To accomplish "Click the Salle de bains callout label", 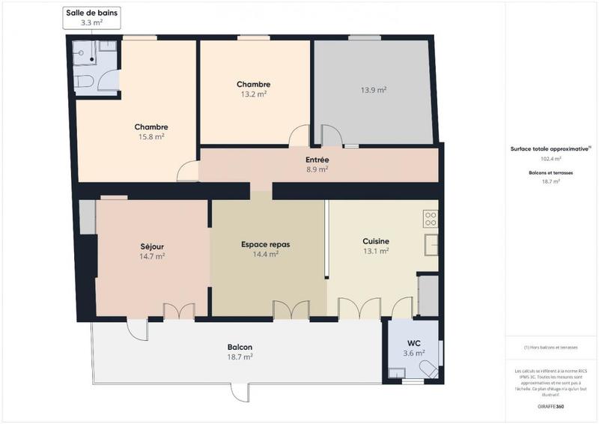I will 91,18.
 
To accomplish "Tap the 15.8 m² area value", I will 151,137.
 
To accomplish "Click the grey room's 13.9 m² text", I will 373,90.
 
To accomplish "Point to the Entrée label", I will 317,160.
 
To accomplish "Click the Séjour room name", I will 152,246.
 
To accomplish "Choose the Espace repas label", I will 265,244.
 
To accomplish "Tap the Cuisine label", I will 375,241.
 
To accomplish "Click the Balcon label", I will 240,348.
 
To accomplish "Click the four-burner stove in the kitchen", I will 431,219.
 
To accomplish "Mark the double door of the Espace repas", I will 291,309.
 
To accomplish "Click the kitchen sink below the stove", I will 431,245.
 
